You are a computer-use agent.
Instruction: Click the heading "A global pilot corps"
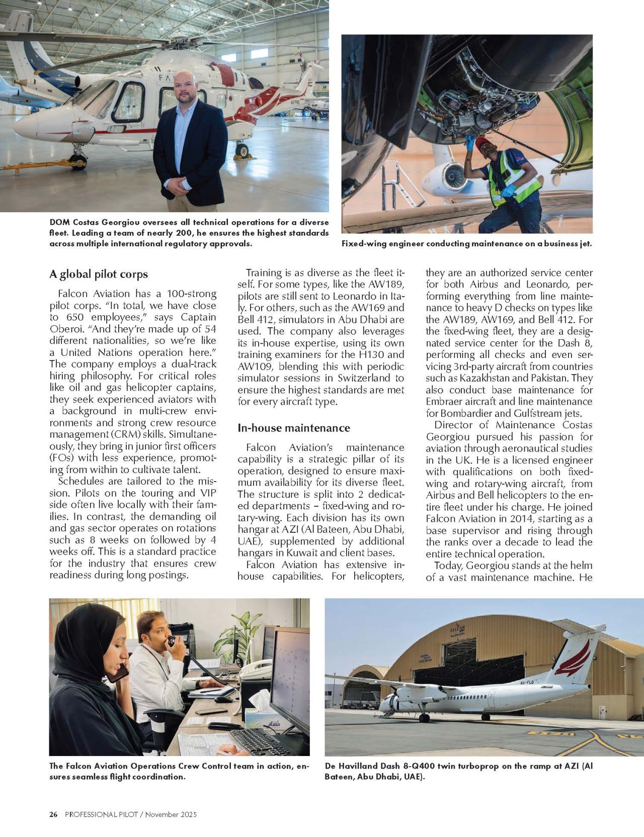coord(99,274)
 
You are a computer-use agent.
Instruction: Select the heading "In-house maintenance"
coord(293,428)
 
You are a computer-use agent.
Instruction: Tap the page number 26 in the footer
coord(53,814)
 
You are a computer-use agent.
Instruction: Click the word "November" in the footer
coord(163,814)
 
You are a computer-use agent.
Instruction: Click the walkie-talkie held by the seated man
coord(172,641)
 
